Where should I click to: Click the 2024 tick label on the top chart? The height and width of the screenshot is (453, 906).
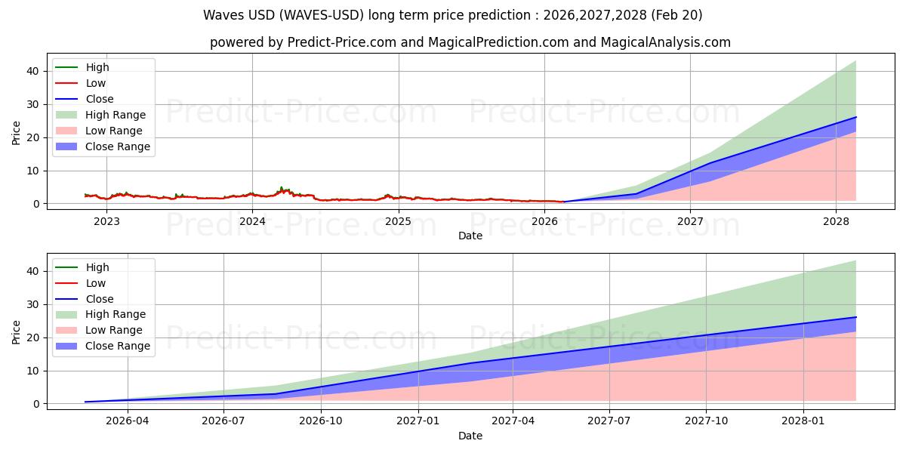[252, 222]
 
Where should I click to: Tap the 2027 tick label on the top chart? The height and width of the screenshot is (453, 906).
[690, 222]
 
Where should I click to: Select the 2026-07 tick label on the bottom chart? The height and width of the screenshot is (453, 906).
[223, 421]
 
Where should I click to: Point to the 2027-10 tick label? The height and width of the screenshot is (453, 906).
[706, 421]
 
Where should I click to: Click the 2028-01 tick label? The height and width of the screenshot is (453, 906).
[803, 421]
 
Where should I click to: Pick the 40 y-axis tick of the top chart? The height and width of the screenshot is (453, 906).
[32, 71]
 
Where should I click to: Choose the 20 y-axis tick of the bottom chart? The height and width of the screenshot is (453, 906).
[32, 337]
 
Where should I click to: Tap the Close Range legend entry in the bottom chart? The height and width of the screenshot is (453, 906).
[103, 346]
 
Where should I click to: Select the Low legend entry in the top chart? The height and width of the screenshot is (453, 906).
[81, 83]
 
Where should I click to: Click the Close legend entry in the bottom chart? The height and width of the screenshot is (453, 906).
[84, 299]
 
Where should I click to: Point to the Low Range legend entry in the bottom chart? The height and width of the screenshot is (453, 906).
[99, 330]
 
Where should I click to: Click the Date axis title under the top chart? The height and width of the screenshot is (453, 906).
[470, 236]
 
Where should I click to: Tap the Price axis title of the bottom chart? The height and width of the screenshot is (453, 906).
[16, 332]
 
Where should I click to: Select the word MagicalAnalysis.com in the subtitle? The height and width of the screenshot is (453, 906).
[665, 42]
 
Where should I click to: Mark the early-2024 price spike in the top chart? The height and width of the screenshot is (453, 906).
[282, 188]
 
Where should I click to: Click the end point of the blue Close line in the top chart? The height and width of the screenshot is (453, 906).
[856, 117]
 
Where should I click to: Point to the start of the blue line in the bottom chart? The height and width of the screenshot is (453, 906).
[85, 402]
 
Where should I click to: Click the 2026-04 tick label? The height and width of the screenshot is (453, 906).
[128, 421]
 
